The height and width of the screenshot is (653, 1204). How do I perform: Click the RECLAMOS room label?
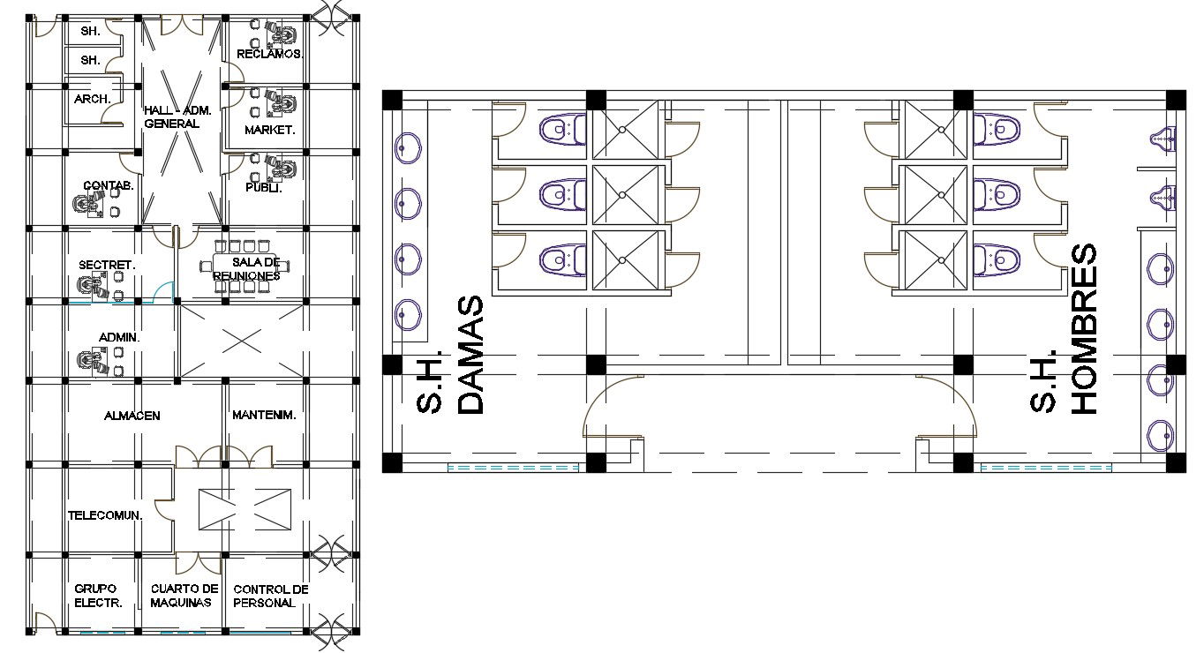pos(270,54)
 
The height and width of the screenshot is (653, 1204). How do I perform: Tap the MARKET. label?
pos(270,130)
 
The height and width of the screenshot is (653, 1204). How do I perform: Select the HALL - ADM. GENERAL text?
pos(177,116)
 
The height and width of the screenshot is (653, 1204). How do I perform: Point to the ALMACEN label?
pos(132,416)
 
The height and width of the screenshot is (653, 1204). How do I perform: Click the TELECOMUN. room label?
pos(105,515)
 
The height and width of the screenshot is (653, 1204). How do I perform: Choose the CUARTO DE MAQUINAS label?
pos(184,596)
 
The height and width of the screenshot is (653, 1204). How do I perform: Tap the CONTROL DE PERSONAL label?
pos(271,596)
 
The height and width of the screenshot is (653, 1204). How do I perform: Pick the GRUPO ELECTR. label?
pos(98,596)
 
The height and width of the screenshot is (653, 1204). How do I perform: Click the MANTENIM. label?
pos(264,415)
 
